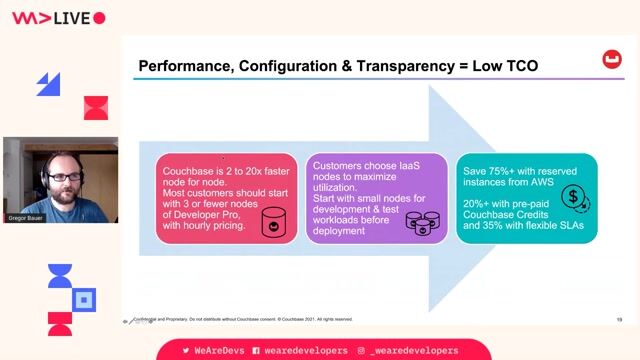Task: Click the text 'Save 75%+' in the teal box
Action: pos(492,171)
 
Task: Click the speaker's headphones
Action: pos(45,180)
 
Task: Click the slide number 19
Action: pos(619,319)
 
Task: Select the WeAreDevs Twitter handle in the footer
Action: pos(214,351)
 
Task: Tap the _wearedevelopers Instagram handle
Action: pos(413,351)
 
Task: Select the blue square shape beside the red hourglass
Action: pos(84,298)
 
